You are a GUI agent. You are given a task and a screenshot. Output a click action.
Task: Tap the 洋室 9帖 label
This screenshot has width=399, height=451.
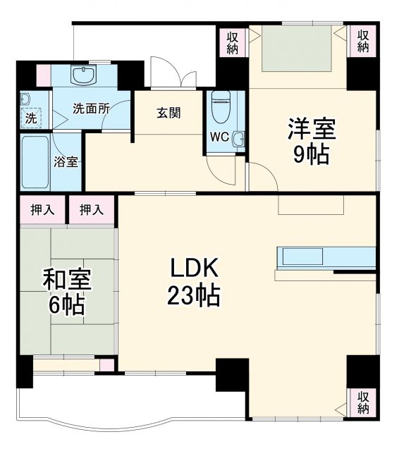(311, 141)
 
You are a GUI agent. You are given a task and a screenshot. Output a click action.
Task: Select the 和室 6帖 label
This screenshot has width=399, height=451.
(67, 292)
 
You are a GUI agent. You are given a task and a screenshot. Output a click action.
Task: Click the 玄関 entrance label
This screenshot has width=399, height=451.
(169, 112)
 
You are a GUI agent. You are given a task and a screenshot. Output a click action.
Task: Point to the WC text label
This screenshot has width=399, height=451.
(219, 137)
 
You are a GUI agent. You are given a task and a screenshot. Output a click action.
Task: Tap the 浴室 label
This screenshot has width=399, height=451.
(66, 161)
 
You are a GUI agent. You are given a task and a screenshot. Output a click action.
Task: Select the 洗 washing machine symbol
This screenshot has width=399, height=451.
(30, 118)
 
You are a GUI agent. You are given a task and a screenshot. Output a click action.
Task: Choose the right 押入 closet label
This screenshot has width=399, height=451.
(92, 209)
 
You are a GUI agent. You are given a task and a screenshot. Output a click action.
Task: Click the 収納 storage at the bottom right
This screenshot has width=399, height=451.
(362, 403)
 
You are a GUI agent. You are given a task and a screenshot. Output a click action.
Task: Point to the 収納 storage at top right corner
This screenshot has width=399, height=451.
(362, 42)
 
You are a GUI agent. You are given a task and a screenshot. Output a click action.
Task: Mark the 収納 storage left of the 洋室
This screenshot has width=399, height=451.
(233, 42)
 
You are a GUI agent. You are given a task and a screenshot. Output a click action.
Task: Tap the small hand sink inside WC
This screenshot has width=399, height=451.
(238, 137)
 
